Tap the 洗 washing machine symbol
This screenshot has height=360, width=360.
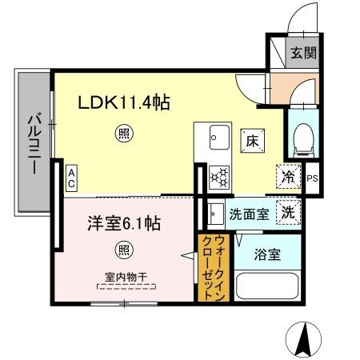287,213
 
